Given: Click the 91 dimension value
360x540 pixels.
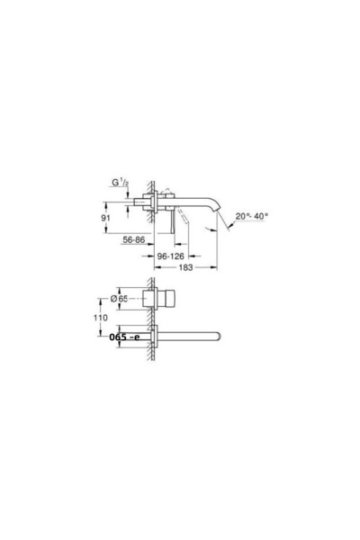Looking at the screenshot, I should (x=106, y=216).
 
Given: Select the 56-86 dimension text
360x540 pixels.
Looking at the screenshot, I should (x=135, y=240).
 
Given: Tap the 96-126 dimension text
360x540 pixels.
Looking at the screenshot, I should (x=170, y=255).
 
